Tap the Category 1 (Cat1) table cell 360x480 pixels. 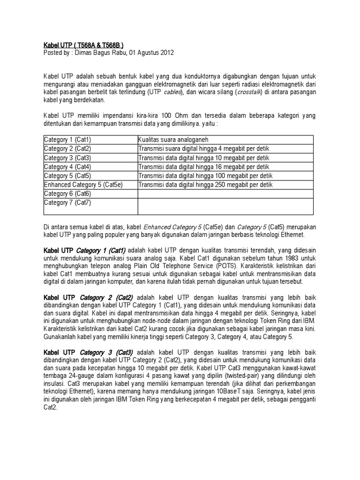click(67, 140)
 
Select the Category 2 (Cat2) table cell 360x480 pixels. click(67, 149)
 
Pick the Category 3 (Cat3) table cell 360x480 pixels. click(67, 157)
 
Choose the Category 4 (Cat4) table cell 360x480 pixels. click(67, 166)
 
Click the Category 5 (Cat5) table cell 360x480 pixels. click(67, 175)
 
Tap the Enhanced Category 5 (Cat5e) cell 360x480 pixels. click(83, 185)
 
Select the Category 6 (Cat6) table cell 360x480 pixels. click(67, 194)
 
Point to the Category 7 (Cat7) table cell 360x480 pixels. click(67, 202)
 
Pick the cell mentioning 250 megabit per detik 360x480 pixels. click(205, 185)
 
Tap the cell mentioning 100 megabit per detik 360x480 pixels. click(205, 175)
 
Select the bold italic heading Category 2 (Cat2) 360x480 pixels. click(106, 297)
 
